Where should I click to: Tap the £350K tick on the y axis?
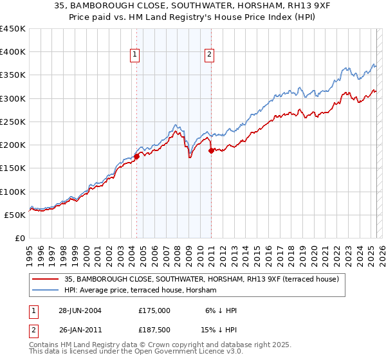point(13,75)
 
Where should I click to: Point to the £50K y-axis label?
point(15,215)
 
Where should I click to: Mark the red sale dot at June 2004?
point(136,156)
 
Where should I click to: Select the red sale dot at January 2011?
point(211,150)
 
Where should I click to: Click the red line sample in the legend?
point(45,279)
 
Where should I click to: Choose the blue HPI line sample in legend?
point(45,291)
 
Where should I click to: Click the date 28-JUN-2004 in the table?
point(80,310)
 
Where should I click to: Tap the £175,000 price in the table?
point(154,310)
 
